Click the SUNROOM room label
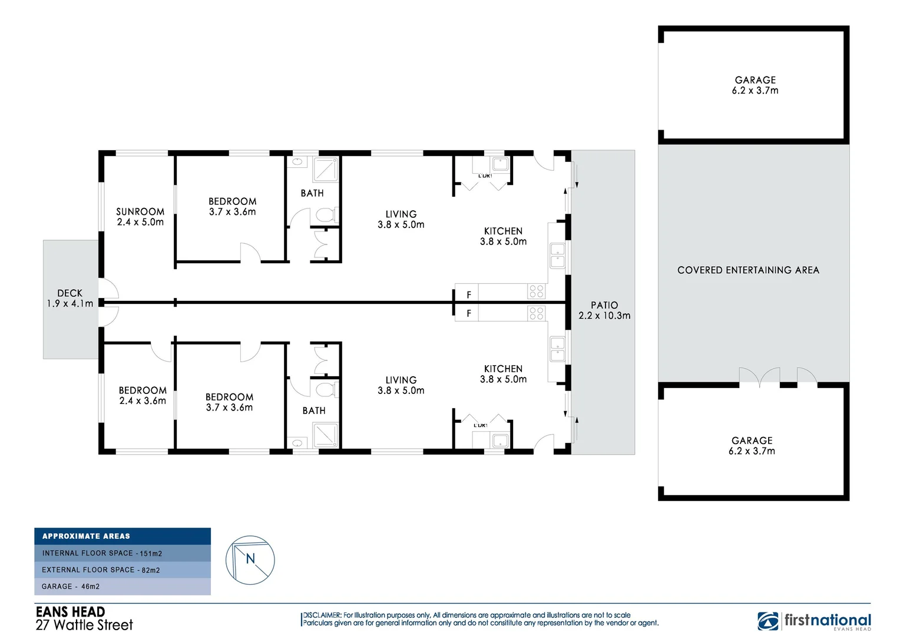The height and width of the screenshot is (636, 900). click(140, 217)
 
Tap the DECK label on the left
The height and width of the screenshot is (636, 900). click(70, 298)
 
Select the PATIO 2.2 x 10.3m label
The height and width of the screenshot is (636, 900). click(604, 310)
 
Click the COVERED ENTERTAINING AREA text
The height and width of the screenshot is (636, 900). click(748, 270)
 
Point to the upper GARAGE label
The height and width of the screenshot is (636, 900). click(755, 85)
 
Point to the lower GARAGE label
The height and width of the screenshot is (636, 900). click(752, 446)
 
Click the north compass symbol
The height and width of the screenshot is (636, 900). click(250, 560)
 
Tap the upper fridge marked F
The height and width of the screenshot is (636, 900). click(469, 294)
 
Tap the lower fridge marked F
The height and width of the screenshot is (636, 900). click(469, 313)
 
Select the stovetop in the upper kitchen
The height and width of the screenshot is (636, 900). click(536, 291)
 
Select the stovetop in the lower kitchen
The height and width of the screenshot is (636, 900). click(536, 313)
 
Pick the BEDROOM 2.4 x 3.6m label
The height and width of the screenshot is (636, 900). click(143, 396)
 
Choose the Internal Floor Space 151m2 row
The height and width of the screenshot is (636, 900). click(123, 554)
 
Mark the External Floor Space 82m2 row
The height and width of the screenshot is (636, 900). click(123, 570)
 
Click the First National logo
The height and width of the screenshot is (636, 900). click(814, 621)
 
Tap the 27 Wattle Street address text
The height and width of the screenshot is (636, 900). click(84, 625)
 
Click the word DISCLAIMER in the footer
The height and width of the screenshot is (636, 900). click(322, 615)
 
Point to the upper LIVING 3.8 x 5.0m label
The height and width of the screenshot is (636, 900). click(401, 220)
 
